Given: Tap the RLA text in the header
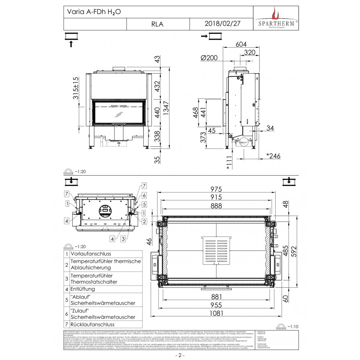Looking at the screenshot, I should tap(158, 24).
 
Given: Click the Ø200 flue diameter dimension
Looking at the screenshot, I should tap(209, 57).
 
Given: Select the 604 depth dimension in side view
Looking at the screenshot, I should tap(240, 44).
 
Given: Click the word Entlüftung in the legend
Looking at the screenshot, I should tap(82, 289).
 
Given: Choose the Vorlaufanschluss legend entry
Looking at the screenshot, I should tap(90, 254).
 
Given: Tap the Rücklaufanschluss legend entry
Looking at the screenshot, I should tap(92, 324).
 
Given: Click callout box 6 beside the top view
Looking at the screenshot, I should tap(144, 195).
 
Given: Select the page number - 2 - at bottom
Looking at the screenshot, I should tap(180, 355).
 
